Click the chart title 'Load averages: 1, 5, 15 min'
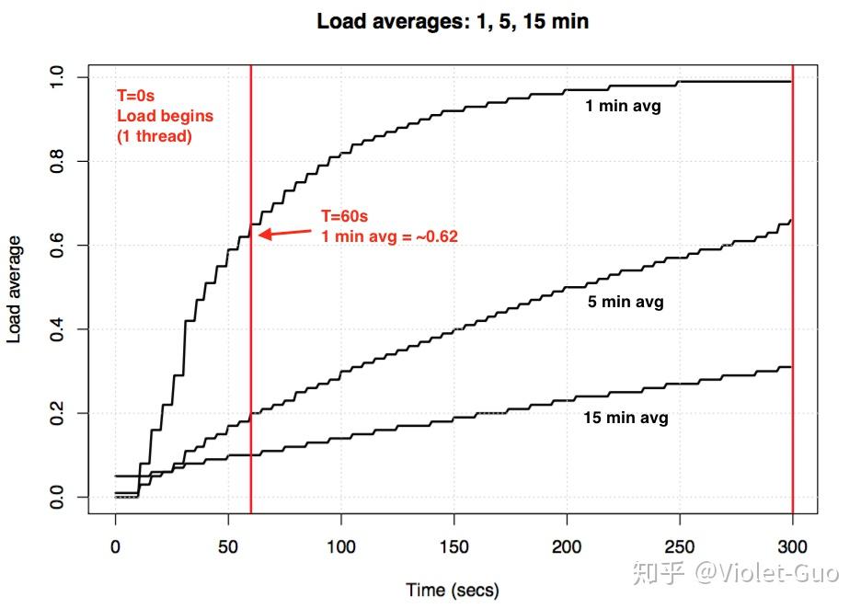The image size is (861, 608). pos(453,21)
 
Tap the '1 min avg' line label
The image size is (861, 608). pos(623,106)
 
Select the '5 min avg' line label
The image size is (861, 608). pos(626,302)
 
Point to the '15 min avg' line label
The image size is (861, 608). pos(626,417)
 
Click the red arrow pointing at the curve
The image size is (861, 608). pos(284,232)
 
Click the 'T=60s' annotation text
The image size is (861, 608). pos(344,217)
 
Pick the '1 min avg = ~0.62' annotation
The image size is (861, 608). pos(389,236)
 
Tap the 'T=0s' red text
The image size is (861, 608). pos(133,95)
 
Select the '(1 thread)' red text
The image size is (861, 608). pos(154,135)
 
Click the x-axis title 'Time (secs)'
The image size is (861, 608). pos(453,589)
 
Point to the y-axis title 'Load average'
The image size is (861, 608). pos(15,289)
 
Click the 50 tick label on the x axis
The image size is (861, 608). pos(228,547)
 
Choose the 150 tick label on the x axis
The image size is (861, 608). pos(453,547)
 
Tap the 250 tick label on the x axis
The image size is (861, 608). pos(680,547)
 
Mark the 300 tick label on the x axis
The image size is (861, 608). pos(792,547)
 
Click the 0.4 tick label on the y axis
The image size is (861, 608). pos(57,329)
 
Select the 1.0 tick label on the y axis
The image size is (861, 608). pos(57,76)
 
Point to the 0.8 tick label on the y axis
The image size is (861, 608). pos(57,161)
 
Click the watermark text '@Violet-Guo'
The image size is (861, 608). pos(766,573)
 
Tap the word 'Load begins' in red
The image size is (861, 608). pos(165,116)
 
